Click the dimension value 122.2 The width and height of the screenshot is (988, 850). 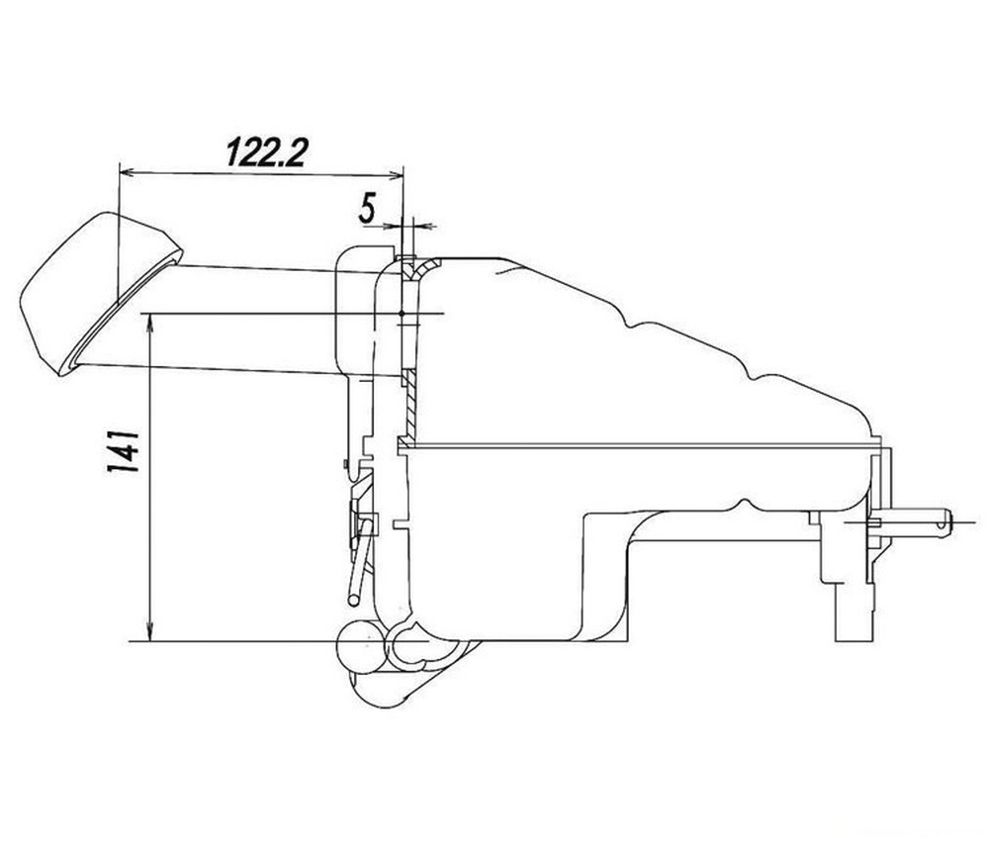pos(266,152)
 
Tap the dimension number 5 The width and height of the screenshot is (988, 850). pos(367,209)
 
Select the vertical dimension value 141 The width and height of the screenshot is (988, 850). pos(123,451)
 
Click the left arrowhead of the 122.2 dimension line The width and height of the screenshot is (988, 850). pos(127,171)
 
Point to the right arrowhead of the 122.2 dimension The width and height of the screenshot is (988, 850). pos(395,175)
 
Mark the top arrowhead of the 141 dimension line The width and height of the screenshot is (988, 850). pos(150,323)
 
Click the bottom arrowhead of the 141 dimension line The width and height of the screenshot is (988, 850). pos(150,632)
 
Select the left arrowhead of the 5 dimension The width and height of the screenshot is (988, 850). pos(394,225)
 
